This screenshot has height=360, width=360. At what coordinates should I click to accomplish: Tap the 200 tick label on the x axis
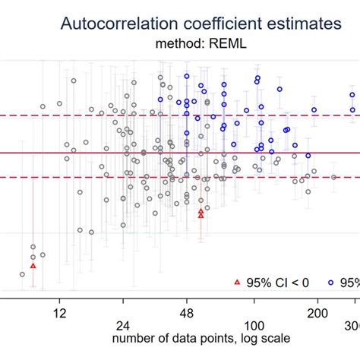[317, 312]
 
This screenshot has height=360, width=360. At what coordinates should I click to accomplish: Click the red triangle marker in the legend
[236, 282]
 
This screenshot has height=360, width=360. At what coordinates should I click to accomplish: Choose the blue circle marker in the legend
[331, 282]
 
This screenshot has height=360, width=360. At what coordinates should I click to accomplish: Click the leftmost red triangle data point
[33, 266]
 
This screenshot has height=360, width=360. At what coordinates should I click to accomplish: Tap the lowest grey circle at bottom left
[22, 274]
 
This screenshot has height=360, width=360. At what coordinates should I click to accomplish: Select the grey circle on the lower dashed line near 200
[333, 177]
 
